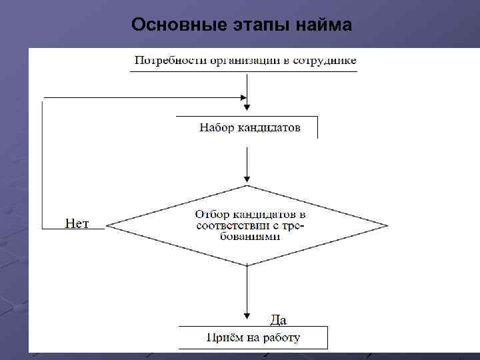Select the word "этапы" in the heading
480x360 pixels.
(253, 25)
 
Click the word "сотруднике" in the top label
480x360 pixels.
(323, 61)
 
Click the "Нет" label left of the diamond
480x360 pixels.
(77, 223)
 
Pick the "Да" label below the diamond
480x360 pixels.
(278, 319)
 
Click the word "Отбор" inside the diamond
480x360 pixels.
(209, 215)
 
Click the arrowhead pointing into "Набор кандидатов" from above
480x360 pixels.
(247, 105)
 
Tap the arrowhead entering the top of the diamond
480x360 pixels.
(247, 179)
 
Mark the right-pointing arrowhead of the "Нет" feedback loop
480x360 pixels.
(243, 97)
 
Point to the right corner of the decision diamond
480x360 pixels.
(386, 225)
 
